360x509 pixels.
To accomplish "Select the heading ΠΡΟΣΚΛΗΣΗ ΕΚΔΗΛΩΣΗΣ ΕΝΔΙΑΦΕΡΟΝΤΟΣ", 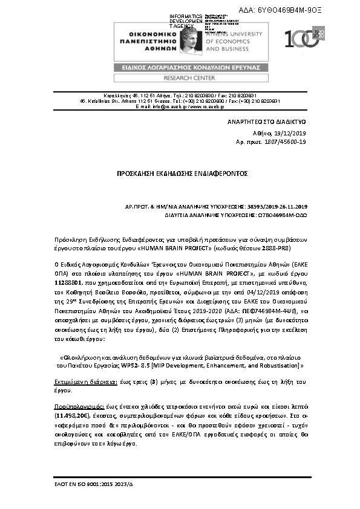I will tap(180, 173).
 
